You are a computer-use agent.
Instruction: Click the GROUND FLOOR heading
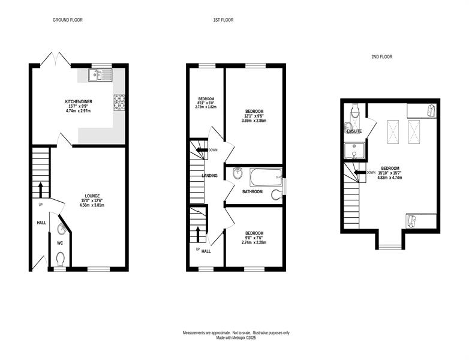68,20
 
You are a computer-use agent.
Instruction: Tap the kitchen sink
100,75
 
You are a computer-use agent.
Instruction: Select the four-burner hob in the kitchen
119,103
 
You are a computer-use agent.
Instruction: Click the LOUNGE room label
92,196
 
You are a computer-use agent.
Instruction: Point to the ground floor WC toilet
61,259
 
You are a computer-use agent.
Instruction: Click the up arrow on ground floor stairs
40,189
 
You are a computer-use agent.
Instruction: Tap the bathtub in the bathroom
266,177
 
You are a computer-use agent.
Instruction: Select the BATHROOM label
252,192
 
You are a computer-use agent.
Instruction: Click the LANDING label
210,176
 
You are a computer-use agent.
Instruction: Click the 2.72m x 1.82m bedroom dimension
206,107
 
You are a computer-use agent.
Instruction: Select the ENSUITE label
354,131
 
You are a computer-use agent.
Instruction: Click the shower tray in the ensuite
354,151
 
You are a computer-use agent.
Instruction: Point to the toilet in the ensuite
355,111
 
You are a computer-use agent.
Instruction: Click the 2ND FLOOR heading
382,56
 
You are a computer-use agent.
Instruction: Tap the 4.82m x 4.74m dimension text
389,177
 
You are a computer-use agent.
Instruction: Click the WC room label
60,243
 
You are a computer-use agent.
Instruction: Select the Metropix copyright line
236,338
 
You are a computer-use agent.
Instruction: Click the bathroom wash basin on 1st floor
237,173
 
